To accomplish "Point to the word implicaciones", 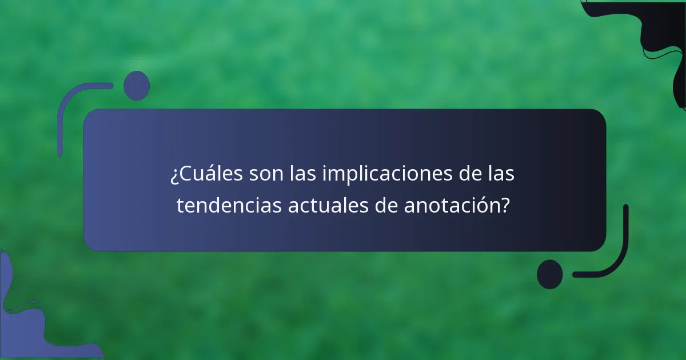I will (x=389, y=174).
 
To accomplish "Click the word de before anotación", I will (x=387, y=206).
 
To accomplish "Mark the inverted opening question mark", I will (x=174, y=175).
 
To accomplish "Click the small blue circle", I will (x=136, y=86).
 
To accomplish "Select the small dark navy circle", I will (x=549, y=274).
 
